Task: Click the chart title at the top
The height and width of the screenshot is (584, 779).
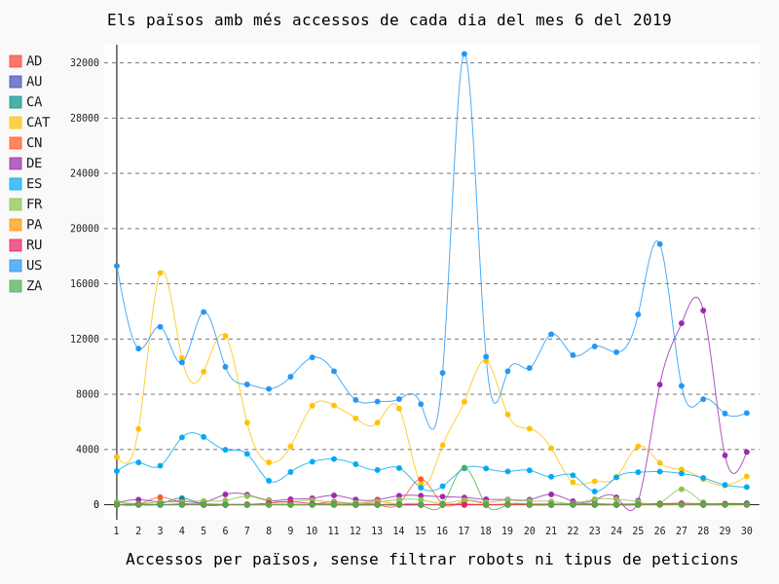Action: coord(389,20)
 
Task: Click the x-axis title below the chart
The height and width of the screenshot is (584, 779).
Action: coord(431,559)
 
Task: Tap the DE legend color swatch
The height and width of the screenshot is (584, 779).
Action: coord(16,164)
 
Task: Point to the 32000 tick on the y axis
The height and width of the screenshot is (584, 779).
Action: coord(85,63)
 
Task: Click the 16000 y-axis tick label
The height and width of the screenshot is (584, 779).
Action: coord(85,284)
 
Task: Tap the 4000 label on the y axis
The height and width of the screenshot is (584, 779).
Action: coord(88,450)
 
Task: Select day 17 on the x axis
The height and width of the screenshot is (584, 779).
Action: coord(464,530)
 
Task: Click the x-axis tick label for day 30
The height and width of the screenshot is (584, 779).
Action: coord(747,530)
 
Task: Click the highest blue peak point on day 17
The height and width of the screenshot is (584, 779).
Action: coord(464,55)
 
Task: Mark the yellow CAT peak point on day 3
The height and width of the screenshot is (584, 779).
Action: coord(161,273)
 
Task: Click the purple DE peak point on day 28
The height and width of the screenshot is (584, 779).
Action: coord(703,310)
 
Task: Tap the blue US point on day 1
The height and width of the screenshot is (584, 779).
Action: coord(117,266)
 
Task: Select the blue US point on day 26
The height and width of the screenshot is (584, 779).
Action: coord(659,244)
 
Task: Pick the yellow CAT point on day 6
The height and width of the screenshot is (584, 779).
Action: coord(225,336)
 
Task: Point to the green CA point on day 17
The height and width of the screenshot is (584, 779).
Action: coord(464,467)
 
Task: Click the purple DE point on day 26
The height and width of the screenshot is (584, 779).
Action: coord(659,384)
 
